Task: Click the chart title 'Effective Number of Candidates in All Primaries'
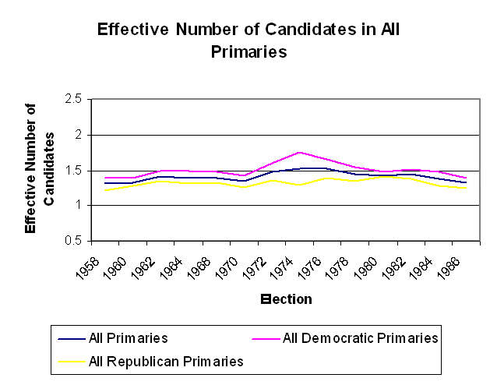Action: [248, 41]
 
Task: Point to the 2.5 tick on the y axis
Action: [74, 100]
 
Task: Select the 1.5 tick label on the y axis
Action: [74, 171]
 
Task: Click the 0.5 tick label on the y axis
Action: [74, 241]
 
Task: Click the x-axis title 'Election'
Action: [286, 299]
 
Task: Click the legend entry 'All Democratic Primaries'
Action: [360, 338]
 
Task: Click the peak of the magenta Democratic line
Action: [298, 152]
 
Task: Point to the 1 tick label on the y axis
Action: [79, 206]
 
